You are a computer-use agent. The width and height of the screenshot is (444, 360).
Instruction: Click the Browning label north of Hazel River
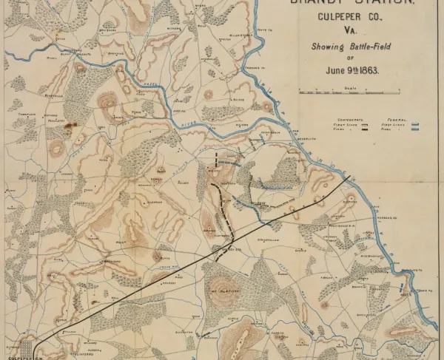(115, 54)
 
